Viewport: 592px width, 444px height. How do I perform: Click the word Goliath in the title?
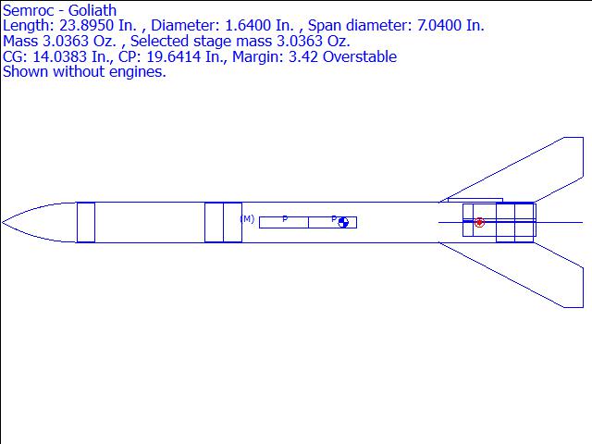(x=92, y=10)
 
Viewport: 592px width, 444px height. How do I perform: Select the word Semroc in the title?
(x=28, y=10)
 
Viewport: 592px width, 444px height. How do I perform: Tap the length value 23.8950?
(x=86, y=25)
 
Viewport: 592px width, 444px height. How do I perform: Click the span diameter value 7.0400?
(x=439, y=25)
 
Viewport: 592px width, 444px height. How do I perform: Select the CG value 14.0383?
(x=59, y=56)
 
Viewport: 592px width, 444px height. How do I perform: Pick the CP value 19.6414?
(x=173, y=56)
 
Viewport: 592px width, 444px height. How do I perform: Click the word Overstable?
(x=360, y=56)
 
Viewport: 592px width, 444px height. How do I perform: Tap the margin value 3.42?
(x=303, y=56)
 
